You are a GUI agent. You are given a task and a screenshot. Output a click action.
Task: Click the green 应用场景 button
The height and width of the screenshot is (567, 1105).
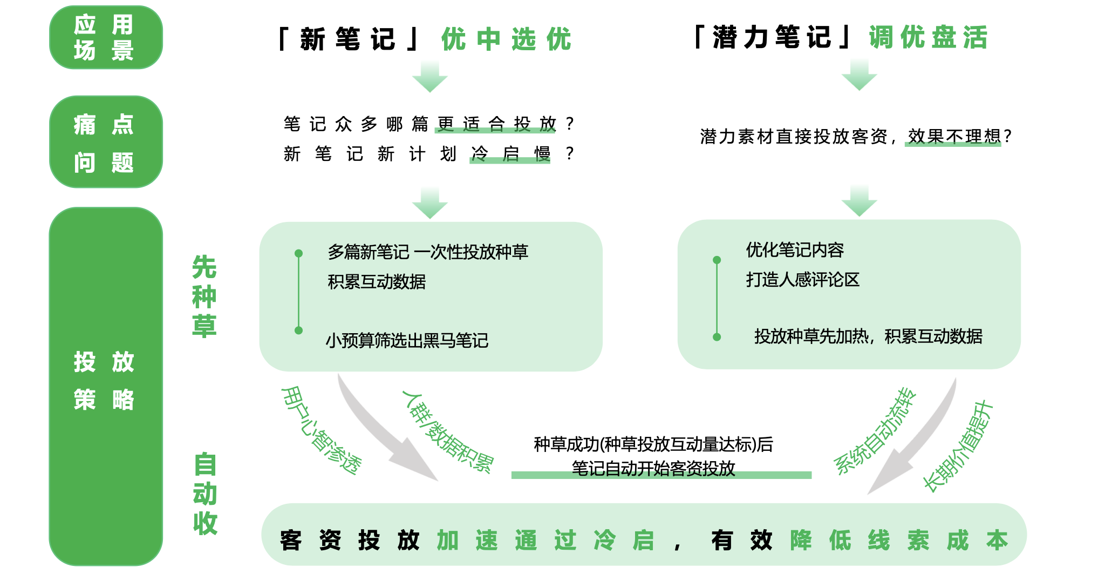(106, 37)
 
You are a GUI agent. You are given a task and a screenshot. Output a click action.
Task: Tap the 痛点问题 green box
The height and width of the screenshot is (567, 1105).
(106, 142)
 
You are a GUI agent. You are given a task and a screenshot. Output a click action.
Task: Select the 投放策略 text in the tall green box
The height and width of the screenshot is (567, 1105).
(104, 381)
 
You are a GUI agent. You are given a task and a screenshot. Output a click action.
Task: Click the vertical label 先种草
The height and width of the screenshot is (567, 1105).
(204, 296)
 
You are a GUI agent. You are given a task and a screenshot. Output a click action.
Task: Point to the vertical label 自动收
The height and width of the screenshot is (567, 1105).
(205, 494)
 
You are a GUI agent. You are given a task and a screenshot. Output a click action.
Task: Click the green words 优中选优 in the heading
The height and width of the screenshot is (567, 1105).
(506, 39)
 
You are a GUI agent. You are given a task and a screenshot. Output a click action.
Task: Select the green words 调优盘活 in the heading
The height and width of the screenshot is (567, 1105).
(928, 37)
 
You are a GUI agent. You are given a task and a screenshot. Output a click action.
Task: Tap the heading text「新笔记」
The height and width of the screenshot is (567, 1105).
(348, 39)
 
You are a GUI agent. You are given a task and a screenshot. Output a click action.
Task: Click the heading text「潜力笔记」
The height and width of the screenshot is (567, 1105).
(772, 37)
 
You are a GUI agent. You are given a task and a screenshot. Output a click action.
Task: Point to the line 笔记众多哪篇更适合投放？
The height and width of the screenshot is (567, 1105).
(429, 124)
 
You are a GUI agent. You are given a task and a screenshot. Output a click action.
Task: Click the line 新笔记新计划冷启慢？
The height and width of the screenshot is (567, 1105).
(429, 154)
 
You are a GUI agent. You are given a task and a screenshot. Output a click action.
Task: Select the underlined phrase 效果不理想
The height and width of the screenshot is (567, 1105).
(953, 137)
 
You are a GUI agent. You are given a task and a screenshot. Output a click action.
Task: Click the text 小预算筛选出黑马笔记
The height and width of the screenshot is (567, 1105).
(407, 340)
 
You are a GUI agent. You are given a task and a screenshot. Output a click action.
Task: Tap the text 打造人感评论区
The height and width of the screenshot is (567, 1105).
(802, 280)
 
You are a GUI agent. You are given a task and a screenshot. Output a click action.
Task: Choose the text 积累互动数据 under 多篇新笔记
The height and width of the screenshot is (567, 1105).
(377, 282)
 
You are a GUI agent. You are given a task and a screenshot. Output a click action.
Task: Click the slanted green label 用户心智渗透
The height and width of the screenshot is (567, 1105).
(322, 430)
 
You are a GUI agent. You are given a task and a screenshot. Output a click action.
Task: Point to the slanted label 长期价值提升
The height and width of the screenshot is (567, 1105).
(957, 446)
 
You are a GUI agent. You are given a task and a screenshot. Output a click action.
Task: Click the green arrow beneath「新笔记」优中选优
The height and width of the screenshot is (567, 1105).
(430, 77)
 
